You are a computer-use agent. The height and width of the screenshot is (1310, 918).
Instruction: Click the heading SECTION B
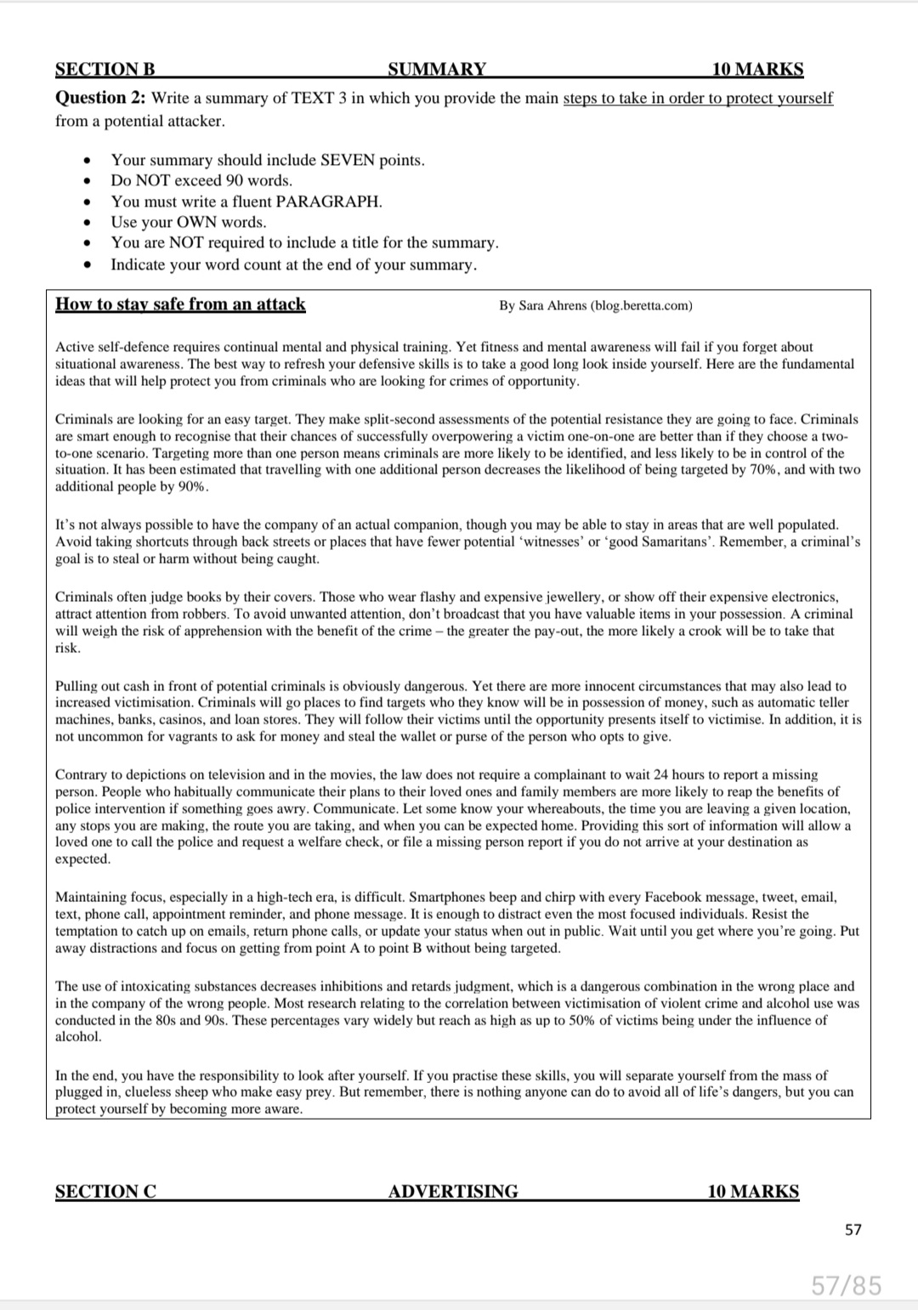[105, 70]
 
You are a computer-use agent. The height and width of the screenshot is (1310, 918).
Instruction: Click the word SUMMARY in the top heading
[437, 70]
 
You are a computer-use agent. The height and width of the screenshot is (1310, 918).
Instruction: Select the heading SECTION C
[105, 1191]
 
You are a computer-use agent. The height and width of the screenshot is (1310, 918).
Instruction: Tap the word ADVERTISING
[453, 1191]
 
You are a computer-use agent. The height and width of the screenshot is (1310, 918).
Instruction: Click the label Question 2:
[100, 98]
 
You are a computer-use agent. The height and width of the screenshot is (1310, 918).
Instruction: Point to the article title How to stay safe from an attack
[180, 304]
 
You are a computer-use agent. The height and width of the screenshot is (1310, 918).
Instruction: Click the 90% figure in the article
[191, 486]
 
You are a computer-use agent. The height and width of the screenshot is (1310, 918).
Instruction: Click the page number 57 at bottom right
[853, 1229]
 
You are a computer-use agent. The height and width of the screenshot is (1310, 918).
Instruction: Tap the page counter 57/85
[847, 1285]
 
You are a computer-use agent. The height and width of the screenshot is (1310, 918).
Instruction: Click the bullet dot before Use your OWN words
[87, 223]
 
